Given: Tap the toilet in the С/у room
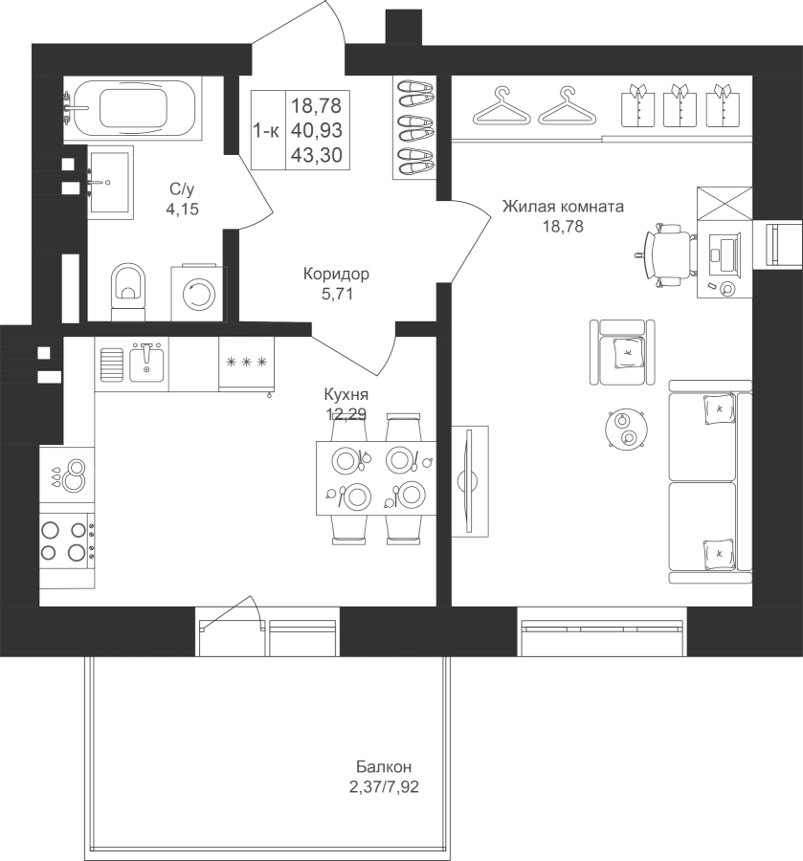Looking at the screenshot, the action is tap(128, 292).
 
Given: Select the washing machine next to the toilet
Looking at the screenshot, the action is tap(198, 294).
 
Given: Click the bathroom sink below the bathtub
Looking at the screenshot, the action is tap(110, 183).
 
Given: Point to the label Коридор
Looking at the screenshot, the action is tap(336, 274).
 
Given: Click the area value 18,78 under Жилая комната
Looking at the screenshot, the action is tap(563, 226).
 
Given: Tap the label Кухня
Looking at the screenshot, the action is tap(346, 394).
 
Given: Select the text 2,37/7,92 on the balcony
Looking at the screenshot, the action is tap(384, 787).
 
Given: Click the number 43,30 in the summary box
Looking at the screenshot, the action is tap(317, 155).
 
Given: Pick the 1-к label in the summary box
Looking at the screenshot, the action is tap(266, 131).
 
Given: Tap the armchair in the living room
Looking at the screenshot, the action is tap(622, 352).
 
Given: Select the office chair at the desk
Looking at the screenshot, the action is tap(665, 254).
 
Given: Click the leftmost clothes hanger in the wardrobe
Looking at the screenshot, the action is tap(502, 106).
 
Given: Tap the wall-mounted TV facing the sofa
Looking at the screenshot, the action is tap(469, 481).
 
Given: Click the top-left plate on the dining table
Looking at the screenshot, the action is tap(346, 460).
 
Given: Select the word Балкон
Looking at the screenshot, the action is tap(384, 766).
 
